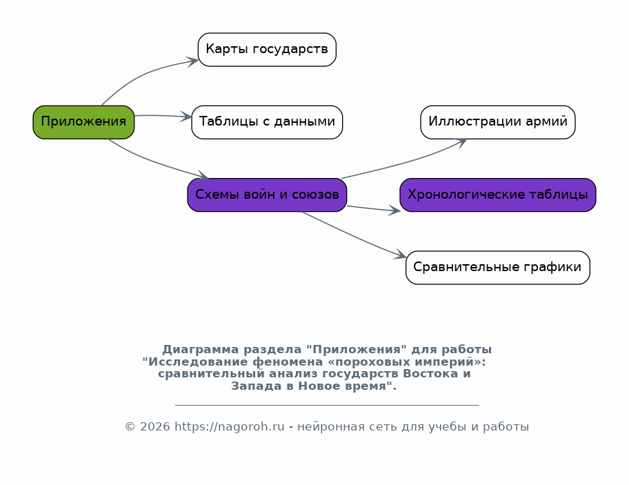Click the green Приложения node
pyautogui.click(x=83, y=122)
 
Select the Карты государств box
pyautogui.click(x=267, y=50)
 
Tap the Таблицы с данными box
pyautogui.click(x=267, y=122)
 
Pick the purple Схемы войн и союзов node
pyautogui.click(x=267, y=195)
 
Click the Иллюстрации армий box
pyautogui.click(x=497, y=122)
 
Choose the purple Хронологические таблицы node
pyautogui.click(x=497, y=195)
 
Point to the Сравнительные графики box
pyautogui.click(x=497, y=268)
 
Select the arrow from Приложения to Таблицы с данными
pyautogui.click(x=163, y=116)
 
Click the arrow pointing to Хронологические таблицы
pyautogui.click(x=374, y=208)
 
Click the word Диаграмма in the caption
pyautogui.click(x=200, y=350)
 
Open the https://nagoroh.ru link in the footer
pyautogui.click(x=230, y=427)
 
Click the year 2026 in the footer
pyautogui.click(x=155, y=427)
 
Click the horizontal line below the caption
pyautogui.click(x=327, y=405)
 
